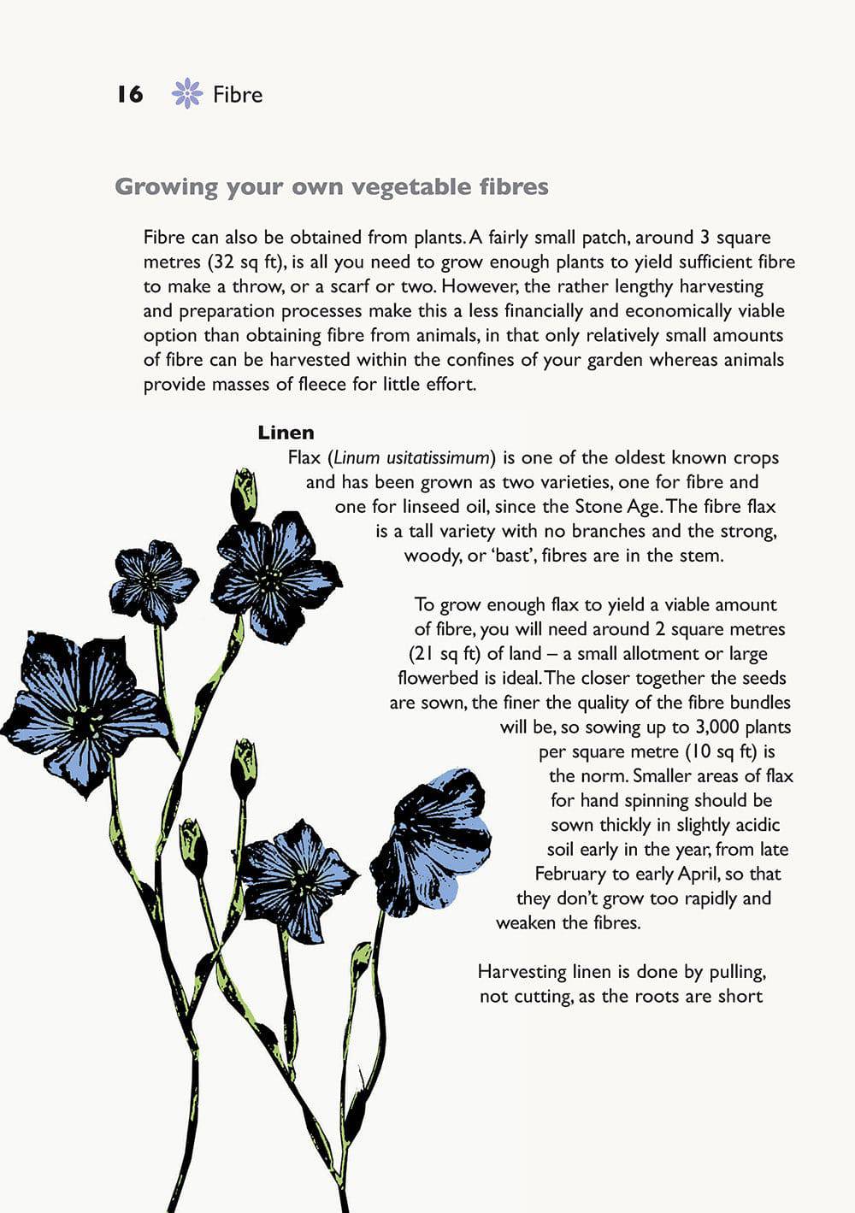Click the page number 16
pyautogui.click(x=130, y=94)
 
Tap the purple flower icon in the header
pyautogui.click(x=187, y=93)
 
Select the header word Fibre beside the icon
pyautogui.click(x=238, y=94)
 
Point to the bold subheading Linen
pyautogui.click(x=286, y=433)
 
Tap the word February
pyautogui.click(x=570, y=874)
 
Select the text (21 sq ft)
pyautogui.click(x=445, y=654)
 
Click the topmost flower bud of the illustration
pyautogui.click(x=245, y=492)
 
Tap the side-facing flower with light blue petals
pyautogui.click(x=436, y=842)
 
